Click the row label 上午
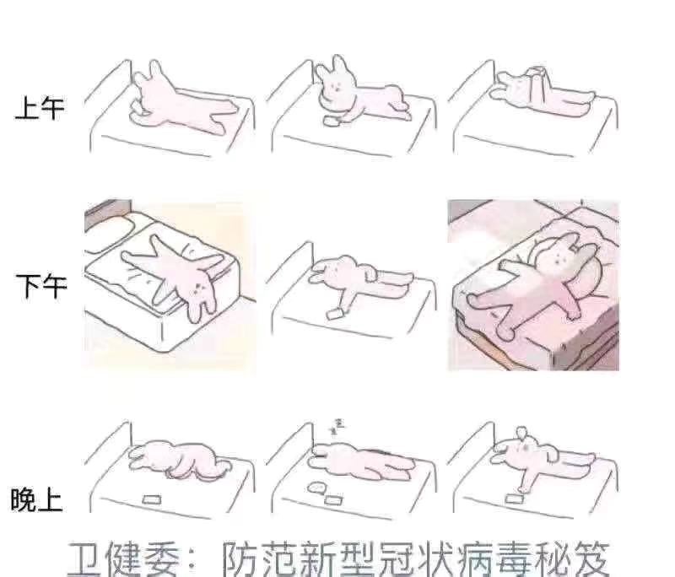coord(39,108)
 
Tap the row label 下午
coord(39,287)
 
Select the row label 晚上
coord(35,499)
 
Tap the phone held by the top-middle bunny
coord(332,121)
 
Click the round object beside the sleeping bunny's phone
coord(317,488)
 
